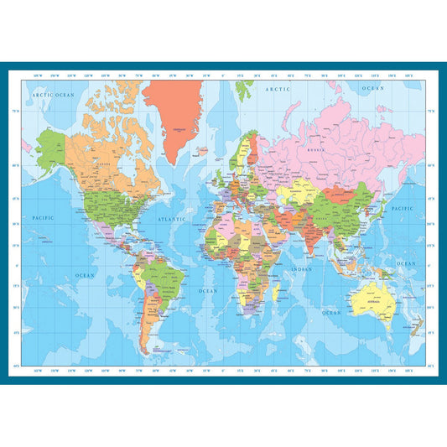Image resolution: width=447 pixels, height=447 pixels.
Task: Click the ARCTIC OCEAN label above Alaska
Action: (54, 96)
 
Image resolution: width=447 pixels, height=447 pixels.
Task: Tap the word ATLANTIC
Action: (172, 220)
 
